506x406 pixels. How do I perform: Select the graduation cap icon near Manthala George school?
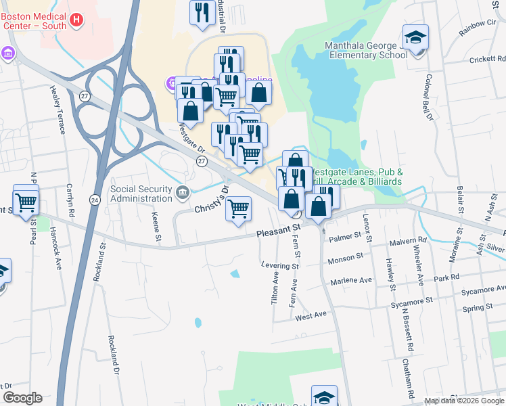coord(415,37)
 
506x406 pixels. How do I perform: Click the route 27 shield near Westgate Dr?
coord(202,161)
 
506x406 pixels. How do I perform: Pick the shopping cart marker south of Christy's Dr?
coord(238,210)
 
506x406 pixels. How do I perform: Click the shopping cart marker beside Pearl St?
coord(26,200)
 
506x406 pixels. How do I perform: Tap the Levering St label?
coord(280,266)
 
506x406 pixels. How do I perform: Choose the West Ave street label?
coord(311,315)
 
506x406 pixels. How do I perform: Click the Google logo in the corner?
coord(22,398)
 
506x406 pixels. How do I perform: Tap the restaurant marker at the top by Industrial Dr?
coord(202,13)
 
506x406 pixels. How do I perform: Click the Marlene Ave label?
coord(351,280)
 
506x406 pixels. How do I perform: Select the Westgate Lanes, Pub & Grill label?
coord(357,177)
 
